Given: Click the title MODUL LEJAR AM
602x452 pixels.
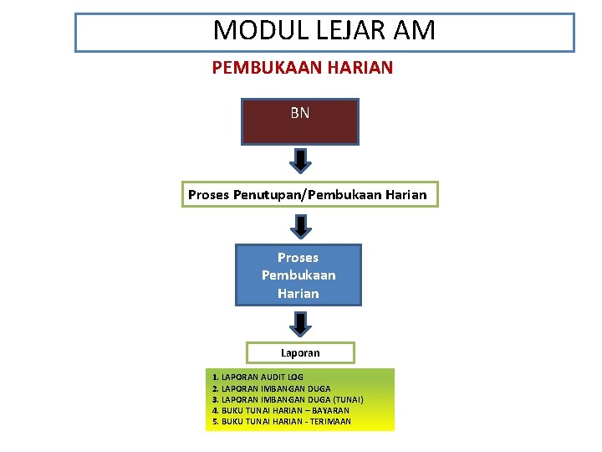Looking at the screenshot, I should click(324, 31).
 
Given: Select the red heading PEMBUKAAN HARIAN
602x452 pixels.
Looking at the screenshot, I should click(302, 67).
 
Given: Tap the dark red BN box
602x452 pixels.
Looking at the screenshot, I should click(299, 121).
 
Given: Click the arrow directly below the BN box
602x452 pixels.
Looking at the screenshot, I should click(300, 159).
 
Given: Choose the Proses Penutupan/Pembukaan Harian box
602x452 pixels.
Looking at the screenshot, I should click(307, 195).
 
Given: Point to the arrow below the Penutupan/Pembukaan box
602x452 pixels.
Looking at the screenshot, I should click(300, 225).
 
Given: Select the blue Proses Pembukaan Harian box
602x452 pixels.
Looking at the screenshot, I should click(298, 275).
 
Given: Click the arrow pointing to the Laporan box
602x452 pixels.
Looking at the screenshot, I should click(300, 322).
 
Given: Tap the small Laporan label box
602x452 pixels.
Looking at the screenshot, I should click(300, 352).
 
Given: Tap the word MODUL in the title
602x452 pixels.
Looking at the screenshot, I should click(249, 31).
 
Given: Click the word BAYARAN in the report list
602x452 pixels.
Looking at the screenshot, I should click(330, 410).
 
